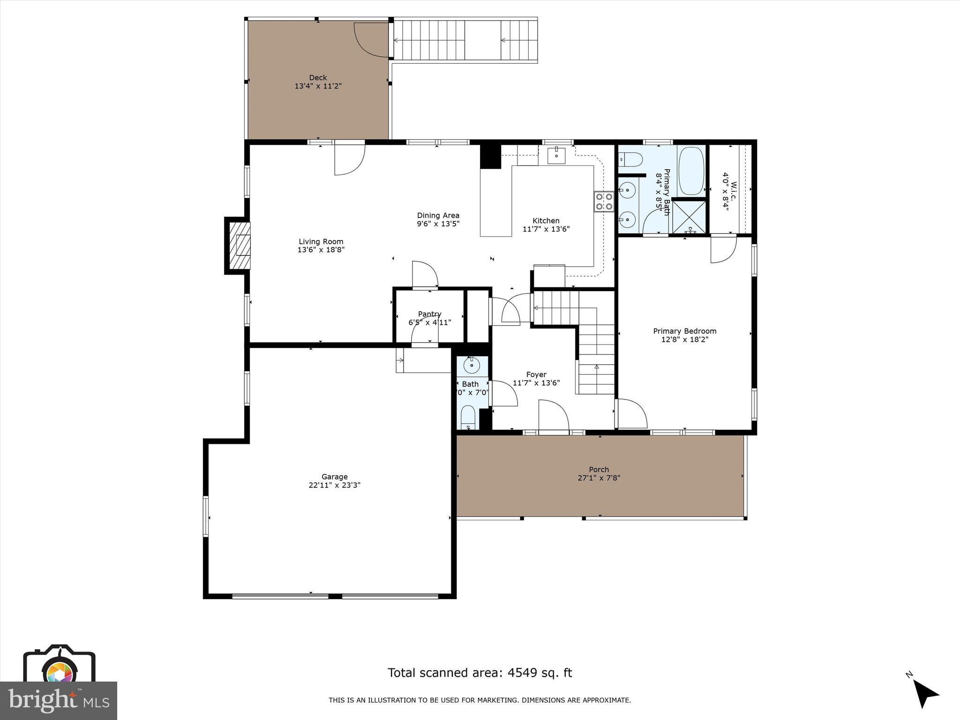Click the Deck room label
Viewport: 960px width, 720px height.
pos(318,78)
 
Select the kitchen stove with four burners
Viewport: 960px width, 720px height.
pos(604,202)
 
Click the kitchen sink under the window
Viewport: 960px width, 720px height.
pos(556,155)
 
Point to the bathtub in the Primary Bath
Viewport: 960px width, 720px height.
pos(691,171)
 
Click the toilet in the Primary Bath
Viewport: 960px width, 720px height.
pos(630,160)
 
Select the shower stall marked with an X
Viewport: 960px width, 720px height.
pos(688,217)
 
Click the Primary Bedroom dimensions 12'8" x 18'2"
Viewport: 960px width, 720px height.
pos(684,339)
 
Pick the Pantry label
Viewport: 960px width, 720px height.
pos(429,314)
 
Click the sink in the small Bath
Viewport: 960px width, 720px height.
pos(471,364)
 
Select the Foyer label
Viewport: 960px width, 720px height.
pos(536,375)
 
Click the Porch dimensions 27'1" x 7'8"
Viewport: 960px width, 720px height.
pos(599,478)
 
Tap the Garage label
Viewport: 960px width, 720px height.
pos(334,477)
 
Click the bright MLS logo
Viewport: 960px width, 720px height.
pos(58,700)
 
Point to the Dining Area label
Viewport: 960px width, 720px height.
pos(438,216)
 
